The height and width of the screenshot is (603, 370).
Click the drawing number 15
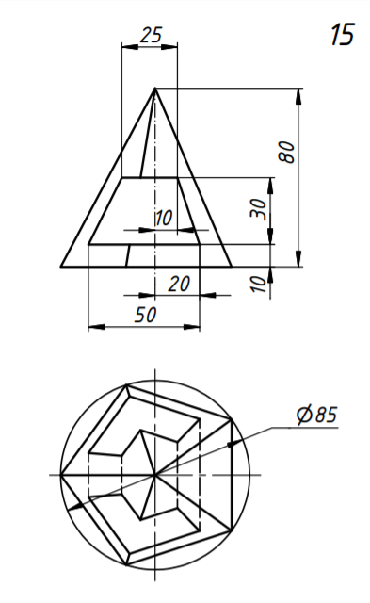click(x=342, y=35)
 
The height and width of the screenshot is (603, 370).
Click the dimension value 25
click(x=151, y=35)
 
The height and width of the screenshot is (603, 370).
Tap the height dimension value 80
click(x=288, y=153)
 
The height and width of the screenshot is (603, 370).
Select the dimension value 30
click(x=259, y=209)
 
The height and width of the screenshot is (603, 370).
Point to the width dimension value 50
click(x=145, y=315)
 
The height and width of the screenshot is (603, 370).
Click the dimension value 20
click(x=179, y=285)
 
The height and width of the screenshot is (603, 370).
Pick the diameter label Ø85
click(x=316, y=415)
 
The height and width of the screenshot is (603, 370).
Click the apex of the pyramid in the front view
click(x=154, y=88)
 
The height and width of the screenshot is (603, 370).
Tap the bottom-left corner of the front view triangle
click(x=61, y=266)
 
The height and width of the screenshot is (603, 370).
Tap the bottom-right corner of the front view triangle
click(x=232, y=266)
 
